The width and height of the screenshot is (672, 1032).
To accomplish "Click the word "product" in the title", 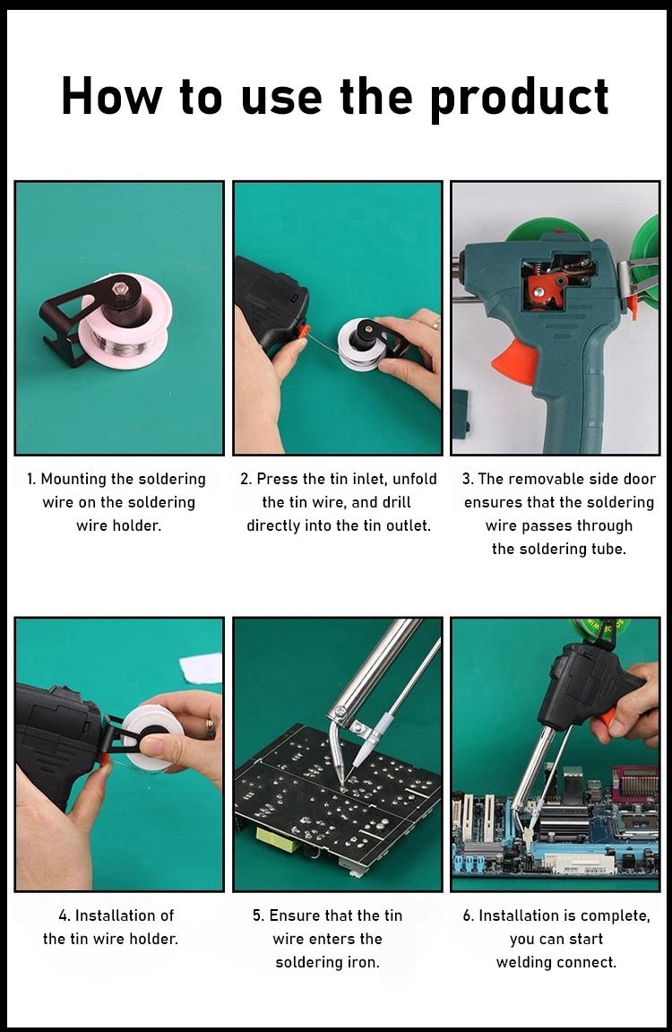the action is click(520, 98).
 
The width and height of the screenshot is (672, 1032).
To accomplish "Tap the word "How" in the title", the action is click(111, 96).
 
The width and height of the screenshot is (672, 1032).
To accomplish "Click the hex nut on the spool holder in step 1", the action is click(120, 289).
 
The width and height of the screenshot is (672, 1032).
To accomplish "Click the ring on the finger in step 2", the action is click(436, 324).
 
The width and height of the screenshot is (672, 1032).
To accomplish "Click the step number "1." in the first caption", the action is click(31, 479).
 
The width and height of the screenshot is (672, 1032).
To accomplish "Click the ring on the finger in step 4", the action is click(211, 729).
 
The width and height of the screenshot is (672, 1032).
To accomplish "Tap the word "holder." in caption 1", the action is click(119, 526).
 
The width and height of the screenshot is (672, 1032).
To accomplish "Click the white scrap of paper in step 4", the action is click(201, 668).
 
